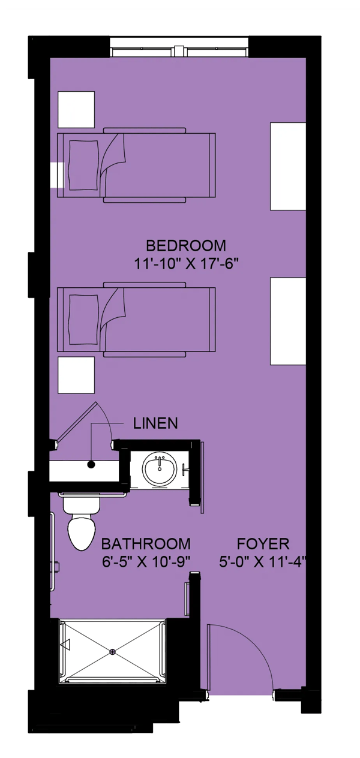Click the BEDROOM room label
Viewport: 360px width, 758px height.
(185, 246)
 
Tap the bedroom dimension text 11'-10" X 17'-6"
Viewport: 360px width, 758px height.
(185, 264)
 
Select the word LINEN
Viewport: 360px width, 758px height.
(155, 423)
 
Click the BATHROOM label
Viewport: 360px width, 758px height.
(146, 544)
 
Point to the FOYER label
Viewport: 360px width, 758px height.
(263, 544)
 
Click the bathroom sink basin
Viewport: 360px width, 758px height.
(159, 469)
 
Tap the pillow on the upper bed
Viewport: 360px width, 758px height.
(84, 166)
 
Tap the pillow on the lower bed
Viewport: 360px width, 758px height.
(84, 320)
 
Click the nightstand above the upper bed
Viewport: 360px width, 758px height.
(76, 109)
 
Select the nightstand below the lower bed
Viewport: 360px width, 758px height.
(76, 375)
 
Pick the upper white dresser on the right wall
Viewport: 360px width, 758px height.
(288, 167)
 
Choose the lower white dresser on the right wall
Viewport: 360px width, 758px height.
(288, 321)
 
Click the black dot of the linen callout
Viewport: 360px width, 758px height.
(91, 465)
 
